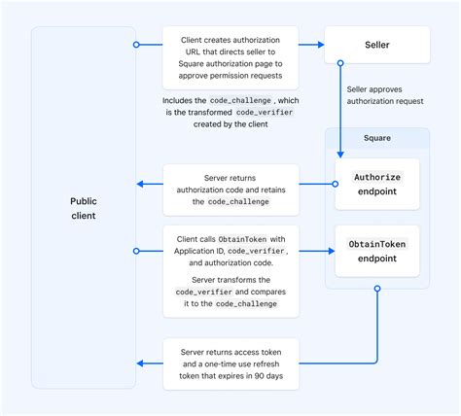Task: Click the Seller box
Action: tap(376, 45)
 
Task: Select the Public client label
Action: tap(84, 208)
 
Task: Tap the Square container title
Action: tap(376, 139)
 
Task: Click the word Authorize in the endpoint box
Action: tap(376, 177)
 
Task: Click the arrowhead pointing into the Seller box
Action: tap(319, 45)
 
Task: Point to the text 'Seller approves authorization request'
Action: tap(385, 95)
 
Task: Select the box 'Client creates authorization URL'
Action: tap(230, 56)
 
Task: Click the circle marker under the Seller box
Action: tap(340, 64)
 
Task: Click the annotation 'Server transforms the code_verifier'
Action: tap(230, 291)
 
